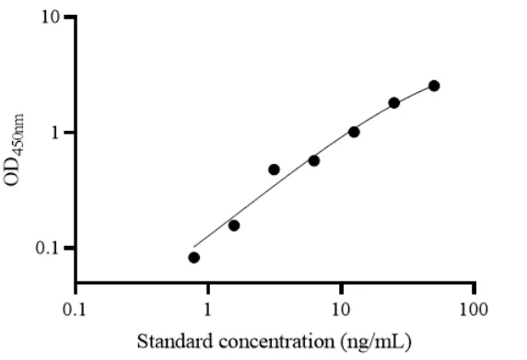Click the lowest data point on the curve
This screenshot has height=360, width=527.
tap(193, 258)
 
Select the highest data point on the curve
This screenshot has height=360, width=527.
tap(434, 86)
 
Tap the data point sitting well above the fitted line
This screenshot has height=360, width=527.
tap(275, 169)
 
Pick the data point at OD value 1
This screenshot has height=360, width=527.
tap(354, 132)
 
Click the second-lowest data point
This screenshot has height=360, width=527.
tap(234, 226)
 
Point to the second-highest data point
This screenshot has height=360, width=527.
tap(394, 103)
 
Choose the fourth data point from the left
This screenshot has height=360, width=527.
tap(314, 161)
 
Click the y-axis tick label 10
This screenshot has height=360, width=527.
tap(51, 17)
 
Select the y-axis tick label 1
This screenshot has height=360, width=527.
tap(55, 133)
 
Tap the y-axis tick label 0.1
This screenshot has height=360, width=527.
tap(48, 249)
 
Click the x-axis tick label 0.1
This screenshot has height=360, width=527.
tap(75, 309)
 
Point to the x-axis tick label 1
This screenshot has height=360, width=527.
tap(207, 309)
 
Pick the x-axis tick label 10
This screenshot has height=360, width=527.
tap(342, 309)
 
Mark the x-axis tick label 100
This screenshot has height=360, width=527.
tap(474, 309)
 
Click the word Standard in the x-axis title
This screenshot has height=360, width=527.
tap(175, 342)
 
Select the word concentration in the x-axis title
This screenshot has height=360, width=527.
tap(277, 342)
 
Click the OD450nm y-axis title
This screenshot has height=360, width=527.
tap(14, 150)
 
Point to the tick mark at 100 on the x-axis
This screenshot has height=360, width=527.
tap(474, 288)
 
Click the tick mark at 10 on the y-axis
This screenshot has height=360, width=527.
tap(70, 17)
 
